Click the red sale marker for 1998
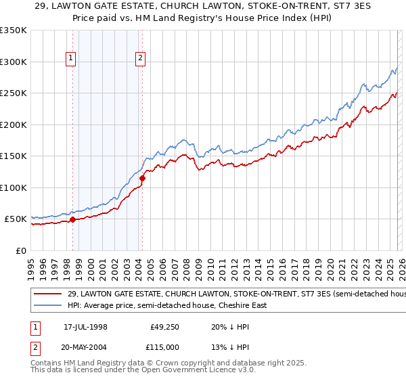[x=72, y=219]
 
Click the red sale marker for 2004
[x=143, y=178]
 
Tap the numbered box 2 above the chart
[x=140, y=59]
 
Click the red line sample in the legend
[x=47, y=294]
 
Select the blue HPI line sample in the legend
[x=47, y=306]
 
